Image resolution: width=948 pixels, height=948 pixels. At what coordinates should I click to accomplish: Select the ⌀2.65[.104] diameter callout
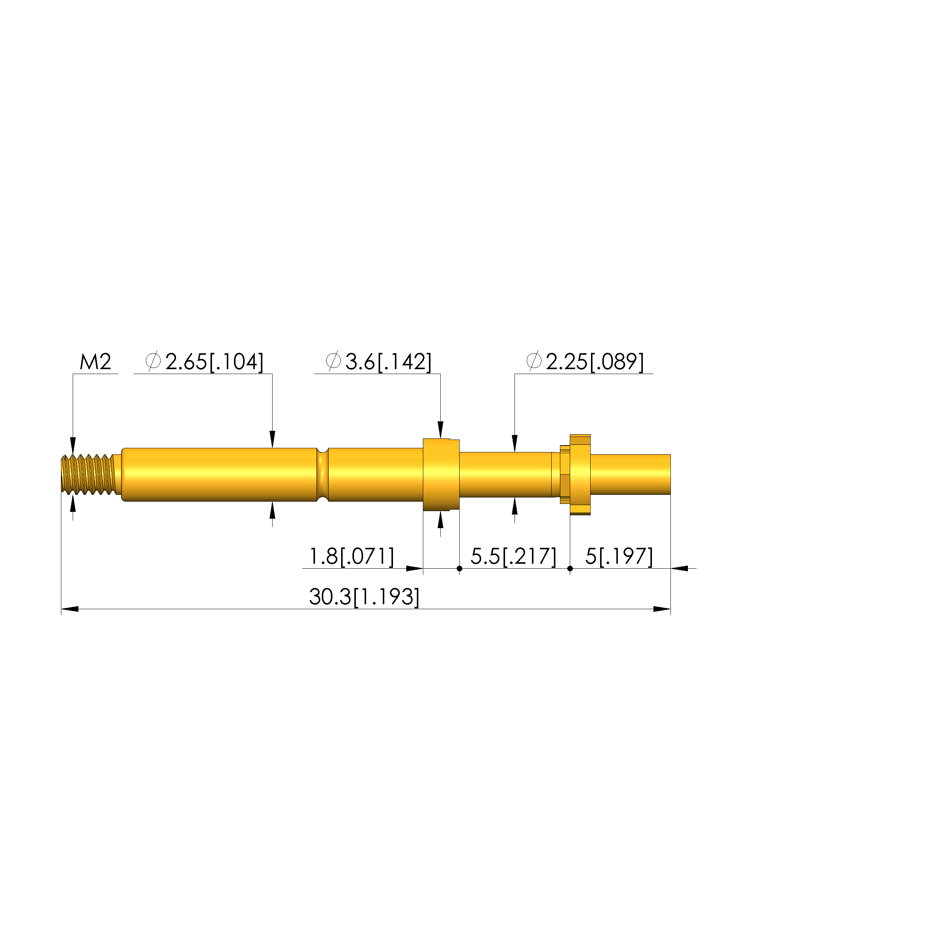pos(204,362)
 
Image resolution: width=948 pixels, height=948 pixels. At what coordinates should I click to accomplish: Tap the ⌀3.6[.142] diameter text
pos(378,362)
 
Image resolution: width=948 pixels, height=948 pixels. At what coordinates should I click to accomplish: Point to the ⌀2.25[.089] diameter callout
pos(585,362)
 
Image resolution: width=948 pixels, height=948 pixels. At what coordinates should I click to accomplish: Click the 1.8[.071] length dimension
pos(351,557)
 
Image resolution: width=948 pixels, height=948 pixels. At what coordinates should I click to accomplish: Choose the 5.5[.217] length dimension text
pos(513,557)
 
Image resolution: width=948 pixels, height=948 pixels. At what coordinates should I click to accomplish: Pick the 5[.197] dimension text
pos(619,557)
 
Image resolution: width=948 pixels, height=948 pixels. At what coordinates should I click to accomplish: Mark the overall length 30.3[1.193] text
pos(364,597)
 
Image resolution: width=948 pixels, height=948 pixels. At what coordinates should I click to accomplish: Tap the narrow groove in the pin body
pos(323,474)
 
